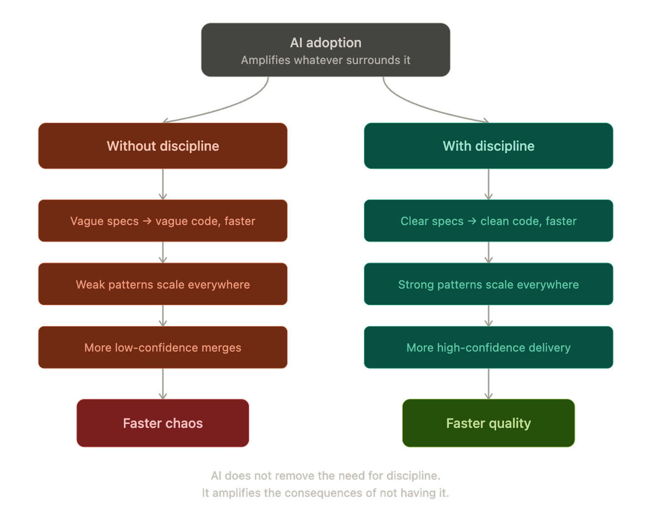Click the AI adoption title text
click(326, 43)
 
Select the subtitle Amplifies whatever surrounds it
click(326, 60)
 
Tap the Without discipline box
click(163, 146)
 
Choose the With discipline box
click(488, 146)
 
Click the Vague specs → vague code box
click(163, 221)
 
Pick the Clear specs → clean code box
click(488, 221)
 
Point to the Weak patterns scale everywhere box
click(163, 284)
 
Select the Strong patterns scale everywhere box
click(488, 284)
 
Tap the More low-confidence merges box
click(163, 347)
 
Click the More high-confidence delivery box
click(488, 347)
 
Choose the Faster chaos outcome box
click(163, 423)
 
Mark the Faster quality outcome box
click(488, 423)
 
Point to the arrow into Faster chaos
click(163, 384)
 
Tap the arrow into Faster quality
click(488, 384)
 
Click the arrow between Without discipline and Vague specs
click(163, 184)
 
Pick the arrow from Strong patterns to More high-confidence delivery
click(488, 315)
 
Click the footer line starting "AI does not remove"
click(326, 476)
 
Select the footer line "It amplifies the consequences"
click(326, 493)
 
